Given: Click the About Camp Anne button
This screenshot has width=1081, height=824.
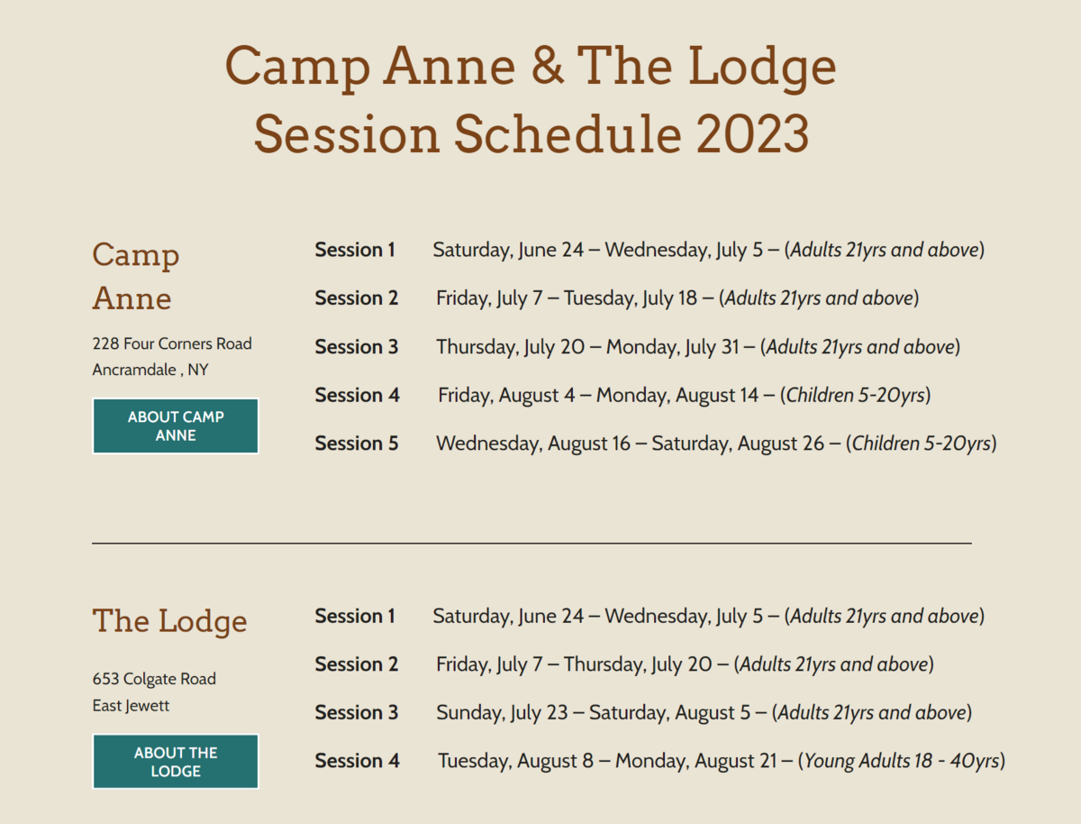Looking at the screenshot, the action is pos(176,426).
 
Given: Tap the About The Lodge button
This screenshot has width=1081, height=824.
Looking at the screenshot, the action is pos(176,762).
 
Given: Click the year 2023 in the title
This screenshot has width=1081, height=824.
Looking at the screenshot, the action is pos(752,134).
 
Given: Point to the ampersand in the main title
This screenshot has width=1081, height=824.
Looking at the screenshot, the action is pos(547,66).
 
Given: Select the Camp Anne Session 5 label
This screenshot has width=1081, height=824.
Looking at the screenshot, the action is pos(357,443).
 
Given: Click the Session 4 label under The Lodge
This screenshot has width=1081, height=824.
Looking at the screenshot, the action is pos(357,760).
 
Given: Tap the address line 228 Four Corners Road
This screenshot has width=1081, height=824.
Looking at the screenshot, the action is pos(172,343).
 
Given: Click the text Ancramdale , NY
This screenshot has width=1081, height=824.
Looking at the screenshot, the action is pos(150,370).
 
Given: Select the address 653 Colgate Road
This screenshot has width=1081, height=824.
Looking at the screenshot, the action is pos(154,679).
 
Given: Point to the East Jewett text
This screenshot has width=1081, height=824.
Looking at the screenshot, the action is pos(131,706).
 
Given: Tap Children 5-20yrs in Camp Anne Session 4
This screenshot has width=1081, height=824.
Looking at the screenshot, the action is pos(856,395).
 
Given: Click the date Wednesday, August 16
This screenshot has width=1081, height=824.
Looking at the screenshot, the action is pos(533,444).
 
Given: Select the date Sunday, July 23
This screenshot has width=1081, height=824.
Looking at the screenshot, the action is pos(502,712).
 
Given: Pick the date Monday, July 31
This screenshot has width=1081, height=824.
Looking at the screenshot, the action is pos(672,347).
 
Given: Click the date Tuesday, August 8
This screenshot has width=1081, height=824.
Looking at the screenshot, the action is pos(515,761).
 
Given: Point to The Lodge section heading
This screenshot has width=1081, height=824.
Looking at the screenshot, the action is pos(169,620).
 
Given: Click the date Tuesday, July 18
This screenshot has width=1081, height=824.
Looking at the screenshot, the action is pos(631,298).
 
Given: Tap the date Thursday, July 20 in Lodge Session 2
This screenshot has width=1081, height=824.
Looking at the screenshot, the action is pos(638,664).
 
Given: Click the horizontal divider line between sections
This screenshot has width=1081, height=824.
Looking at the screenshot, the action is pos(531,543).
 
